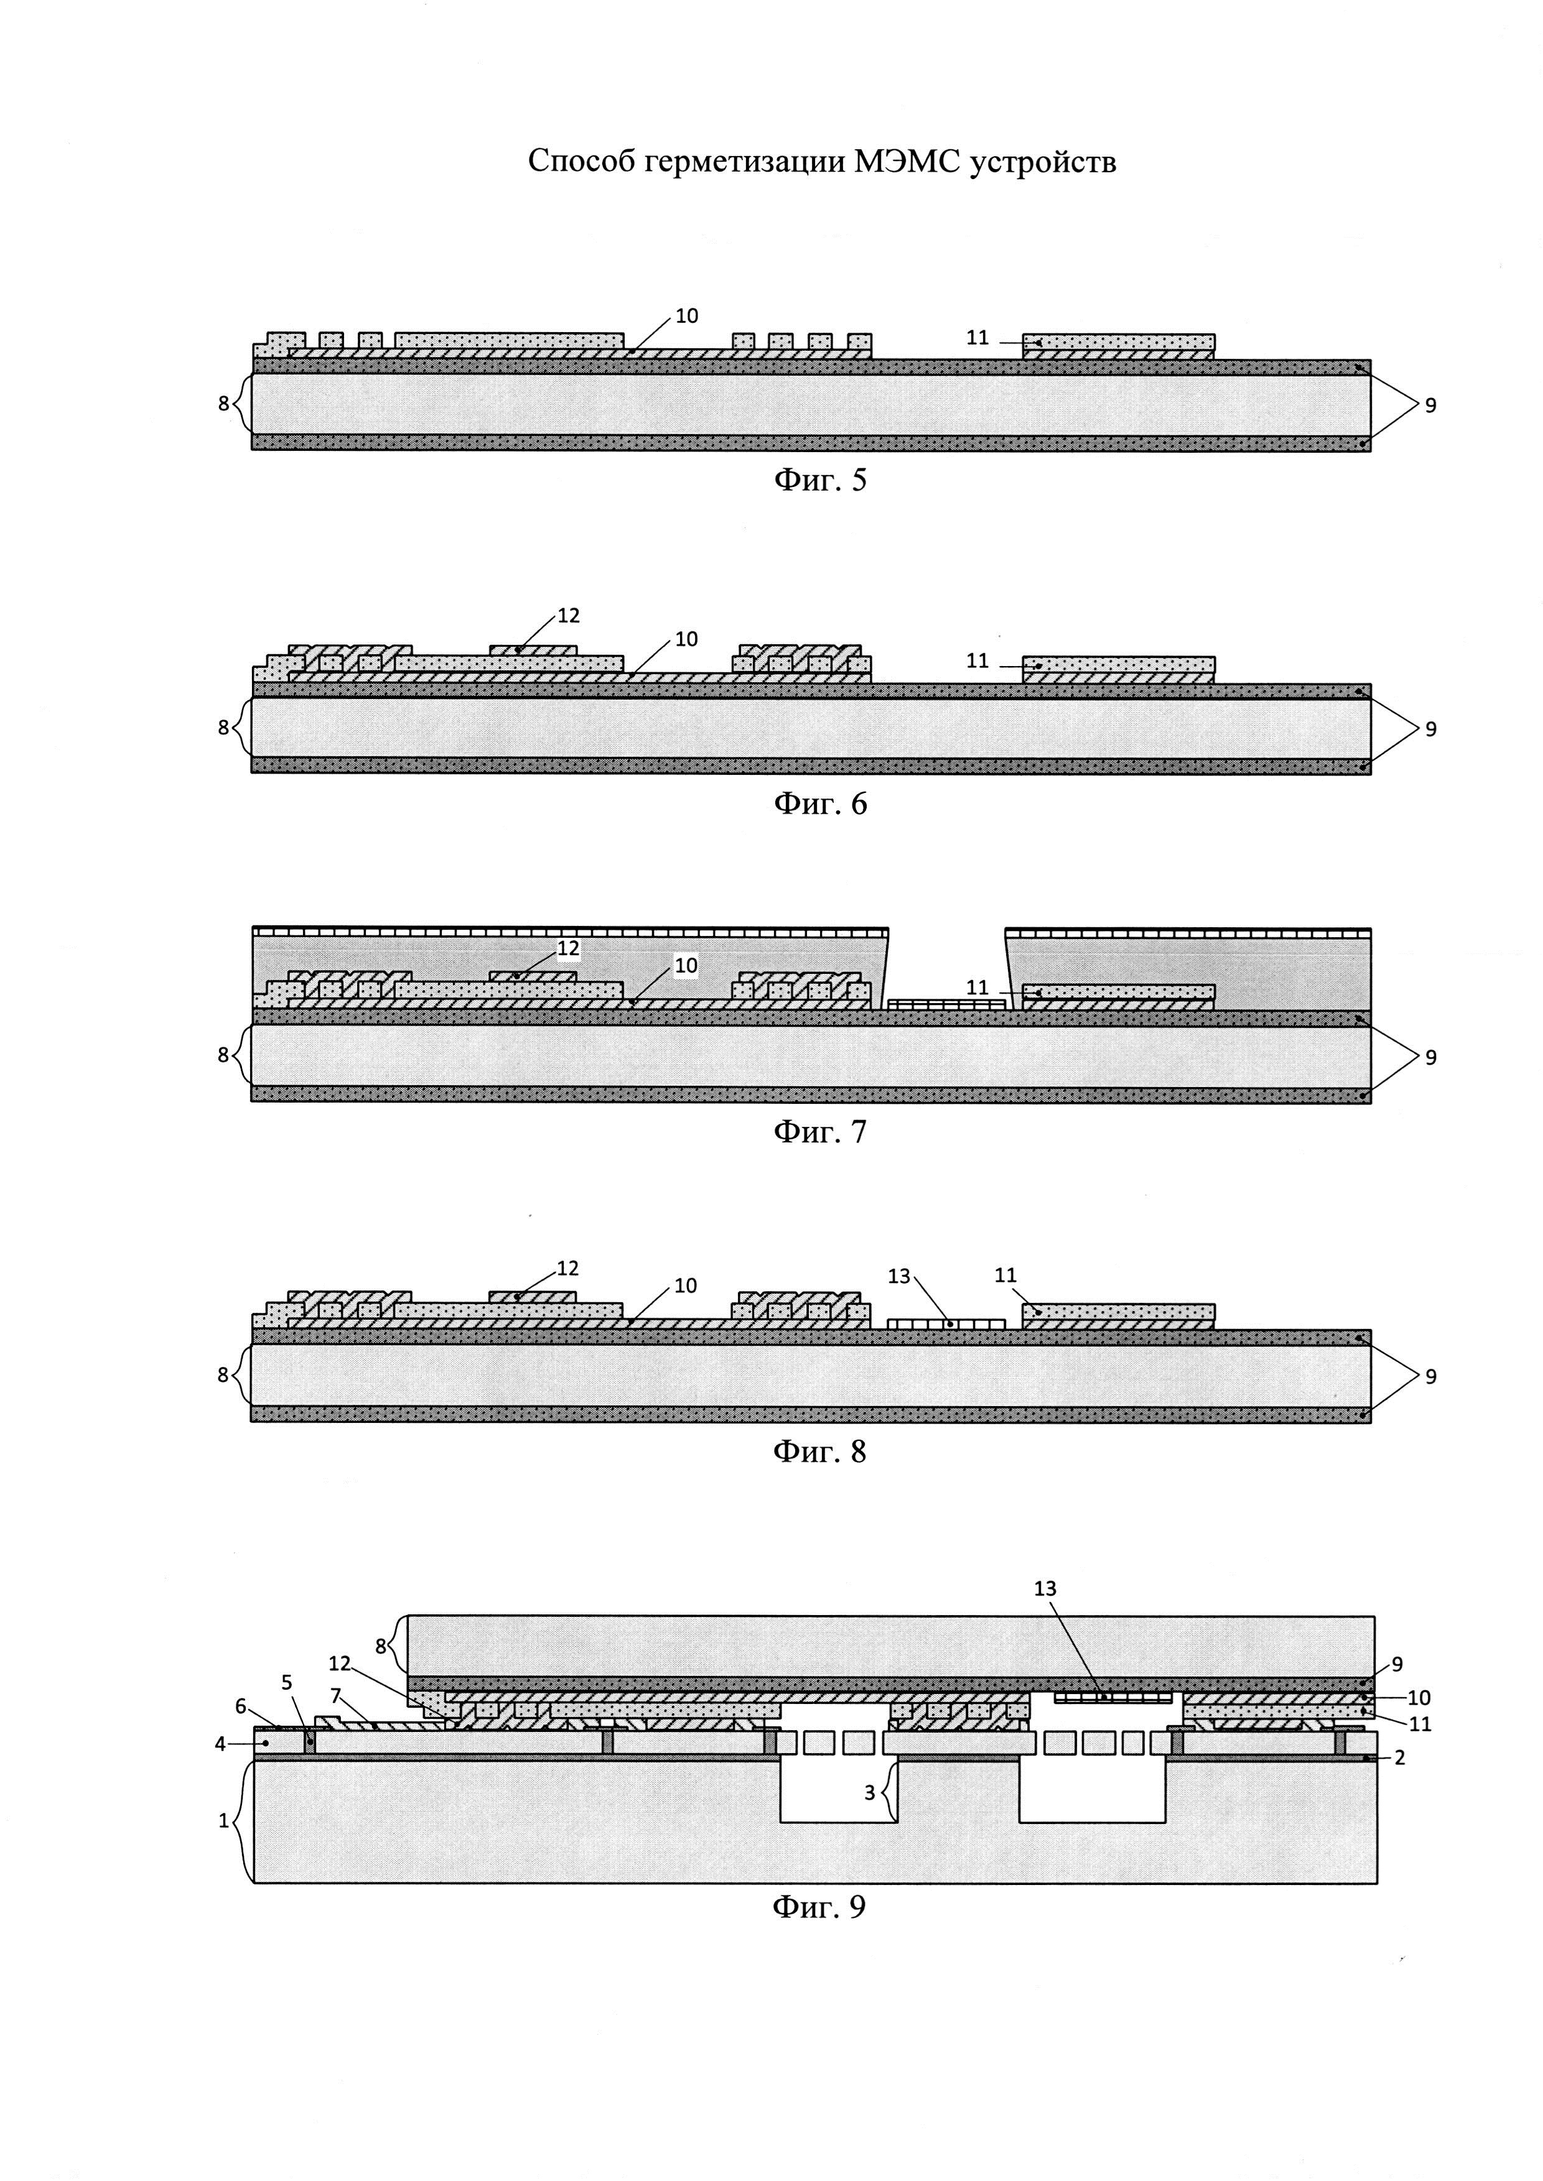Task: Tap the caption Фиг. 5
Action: coord(820,479)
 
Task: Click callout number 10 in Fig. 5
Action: coord(686,315)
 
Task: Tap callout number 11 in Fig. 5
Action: coord(977,337)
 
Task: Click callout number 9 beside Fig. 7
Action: coord(1430,1057)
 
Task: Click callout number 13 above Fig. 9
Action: coord(1045,1588)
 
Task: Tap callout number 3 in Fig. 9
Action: coord(869,1792)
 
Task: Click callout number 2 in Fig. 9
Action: coord(1399,1758)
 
